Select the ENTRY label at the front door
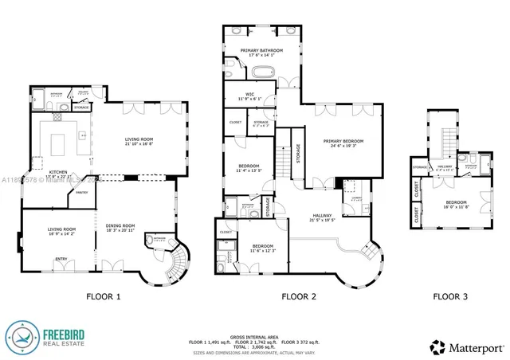pyautogui.click(x=60, y=259)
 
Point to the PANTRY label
pyautogui.click(x=81, y=192)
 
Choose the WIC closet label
pyautogui.click(x=249, y=94)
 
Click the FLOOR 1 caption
pyautogui.click(x=104, y=297)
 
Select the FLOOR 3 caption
pyautogui.click(x=450, y=297)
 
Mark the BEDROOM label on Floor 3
pyautogui.click(x=456, y=203)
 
